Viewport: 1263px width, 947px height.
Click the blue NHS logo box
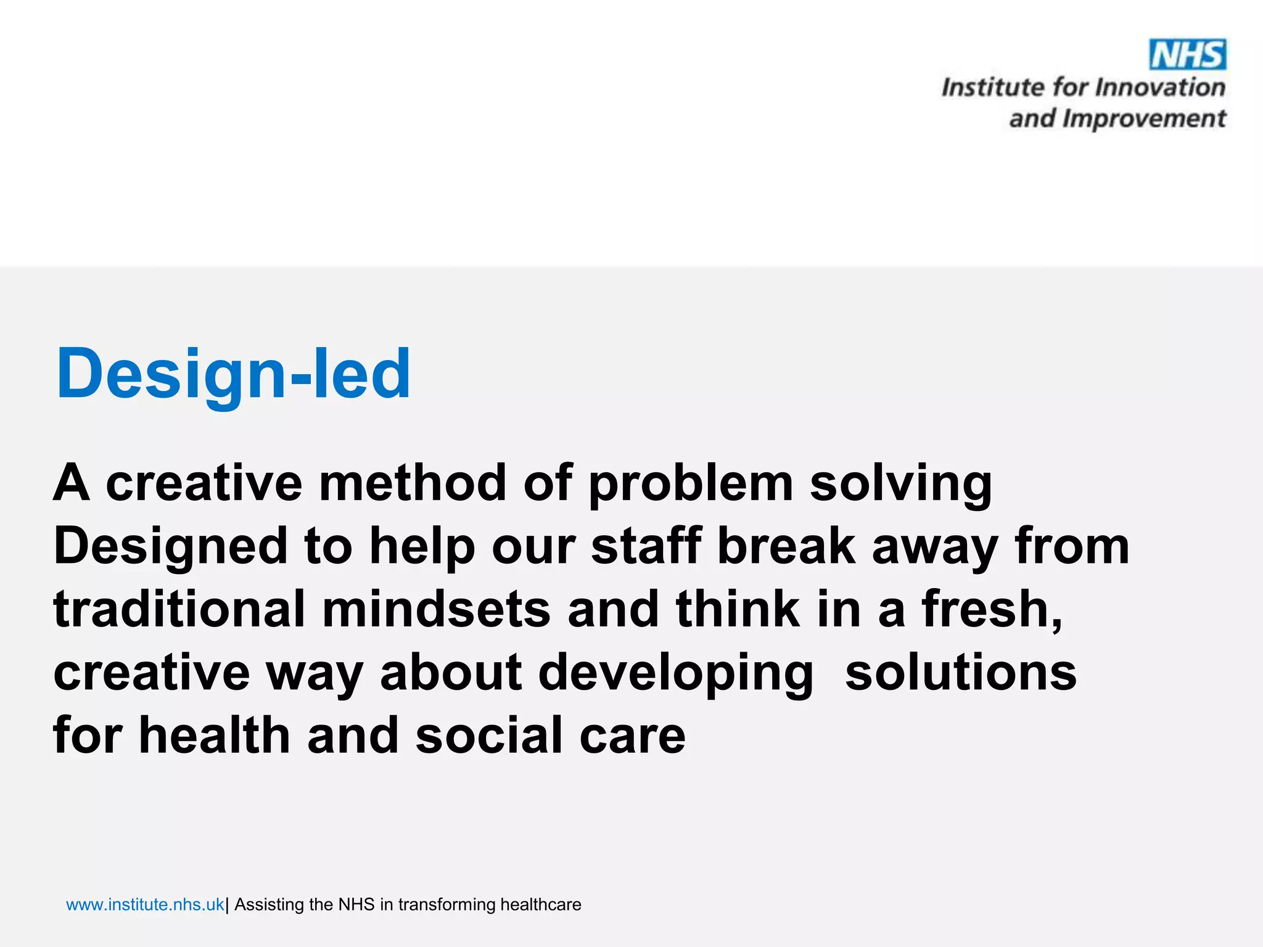point(1187,55)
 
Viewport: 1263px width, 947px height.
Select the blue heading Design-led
point(233,374)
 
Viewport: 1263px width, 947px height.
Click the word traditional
point(179,609)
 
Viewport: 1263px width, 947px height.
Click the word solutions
point(960,672)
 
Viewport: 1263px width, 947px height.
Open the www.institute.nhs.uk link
point(145,904)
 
